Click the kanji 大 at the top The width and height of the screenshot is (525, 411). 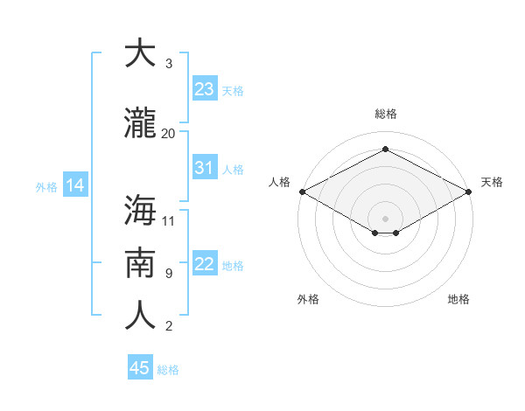140,53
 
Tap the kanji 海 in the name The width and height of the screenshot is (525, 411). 140,210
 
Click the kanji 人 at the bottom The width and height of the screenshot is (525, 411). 140,316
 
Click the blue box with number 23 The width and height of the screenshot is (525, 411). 205,89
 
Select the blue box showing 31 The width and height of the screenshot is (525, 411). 205,168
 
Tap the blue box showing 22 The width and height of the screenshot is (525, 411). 205,264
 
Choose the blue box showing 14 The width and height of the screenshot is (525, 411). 74,185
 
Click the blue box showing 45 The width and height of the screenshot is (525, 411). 140,368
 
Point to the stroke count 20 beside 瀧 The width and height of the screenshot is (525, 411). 168,133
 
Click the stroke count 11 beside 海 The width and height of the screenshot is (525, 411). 169,219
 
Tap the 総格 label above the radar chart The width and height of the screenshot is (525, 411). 385,114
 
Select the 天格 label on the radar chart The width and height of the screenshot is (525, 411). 492,182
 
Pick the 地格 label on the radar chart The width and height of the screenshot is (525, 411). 458,299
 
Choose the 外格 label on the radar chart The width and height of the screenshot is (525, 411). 308,299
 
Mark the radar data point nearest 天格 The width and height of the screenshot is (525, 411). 470,192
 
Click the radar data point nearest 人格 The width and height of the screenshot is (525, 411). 302,192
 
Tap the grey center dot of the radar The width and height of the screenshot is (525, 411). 385,218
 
